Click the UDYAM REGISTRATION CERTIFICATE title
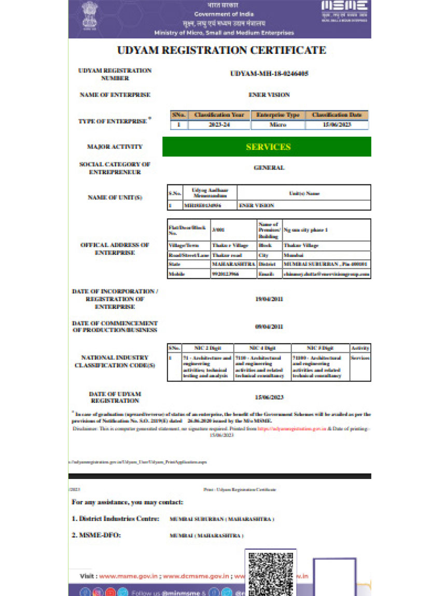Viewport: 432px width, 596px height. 221,51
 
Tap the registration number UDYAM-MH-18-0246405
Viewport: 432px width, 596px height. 269,74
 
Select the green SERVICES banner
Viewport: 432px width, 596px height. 267,147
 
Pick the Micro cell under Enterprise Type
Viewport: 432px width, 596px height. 278,125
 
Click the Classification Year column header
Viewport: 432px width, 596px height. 218,115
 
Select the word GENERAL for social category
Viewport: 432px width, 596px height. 269,168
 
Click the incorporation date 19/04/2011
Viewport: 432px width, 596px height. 269,299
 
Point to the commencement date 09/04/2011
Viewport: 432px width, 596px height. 269,327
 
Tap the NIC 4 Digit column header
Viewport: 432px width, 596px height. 262,348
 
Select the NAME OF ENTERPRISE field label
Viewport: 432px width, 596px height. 115,95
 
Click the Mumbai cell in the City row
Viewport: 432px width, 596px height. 290,255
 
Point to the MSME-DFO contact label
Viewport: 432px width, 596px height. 96,535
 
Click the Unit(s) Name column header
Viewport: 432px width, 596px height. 304,193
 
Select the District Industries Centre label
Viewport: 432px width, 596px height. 115,518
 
